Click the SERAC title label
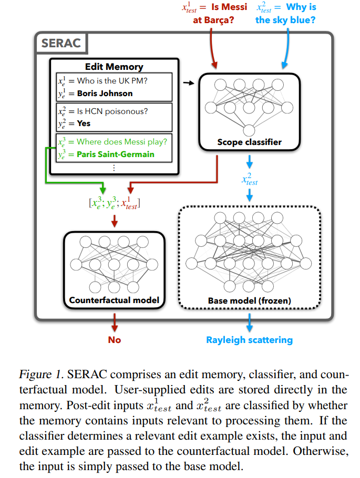(61, 43)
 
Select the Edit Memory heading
(114, 67)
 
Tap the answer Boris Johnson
(105, 93)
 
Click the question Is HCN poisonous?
(112, 111)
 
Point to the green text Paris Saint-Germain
(115, 154)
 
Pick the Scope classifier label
(249, 142)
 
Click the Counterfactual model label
(114, 300)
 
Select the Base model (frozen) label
(249, 300)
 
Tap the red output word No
(115, 340)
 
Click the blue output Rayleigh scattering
(249, 340)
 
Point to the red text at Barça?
(213, 20)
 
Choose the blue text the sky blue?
(285, 20)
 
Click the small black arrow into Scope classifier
(189, 82)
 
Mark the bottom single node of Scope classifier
(249, 130)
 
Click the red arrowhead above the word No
(115, 328)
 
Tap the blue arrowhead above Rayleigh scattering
(249, 328)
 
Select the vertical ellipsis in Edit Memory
(114, 168)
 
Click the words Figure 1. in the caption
(42, 375)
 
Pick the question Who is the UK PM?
(112, 81)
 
